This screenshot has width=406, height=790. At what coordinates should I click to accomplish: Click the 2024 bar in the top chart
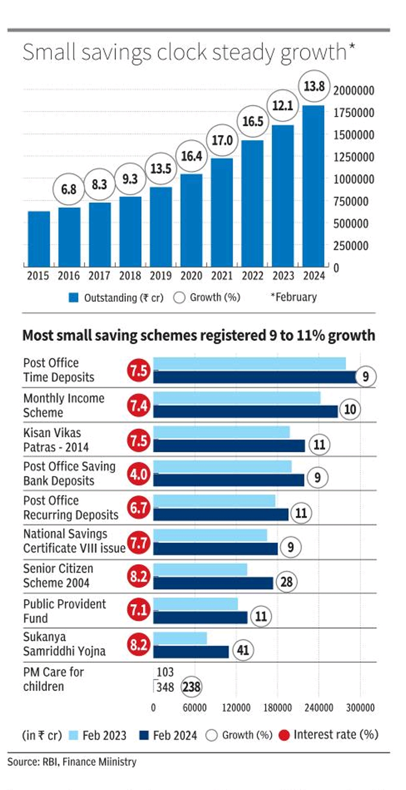click(313, 186)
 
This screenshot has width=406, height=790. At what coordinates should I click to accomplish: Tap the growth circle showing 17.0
click(222, 140)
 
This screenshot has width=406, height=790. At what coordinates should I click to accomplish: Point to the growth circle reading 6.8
click(69, 189)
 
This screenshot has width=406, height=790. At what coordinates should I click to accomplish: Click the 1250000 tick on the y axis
click(354, 157)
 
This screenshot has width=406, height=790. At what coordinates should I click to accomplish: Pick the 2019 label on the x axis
click(160, 276)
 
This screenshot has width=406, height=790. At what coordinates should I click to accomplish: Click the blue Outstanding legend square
click(74, 298)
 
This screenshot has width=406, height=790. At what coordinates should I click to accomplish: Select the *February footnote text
click(293, 297)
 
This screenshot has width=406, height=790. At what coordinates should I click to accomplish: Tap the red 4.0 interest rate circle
click(139, 474)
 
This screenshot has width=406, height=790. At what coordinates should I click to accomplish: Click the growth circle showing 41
click(243, 650)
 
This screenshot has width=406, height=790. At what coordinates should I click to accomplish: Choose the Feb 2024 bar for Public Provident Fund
click(200, 617)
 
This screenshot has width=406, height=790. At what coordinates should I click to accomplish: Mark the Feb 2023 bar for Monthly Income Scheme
click(237, 398)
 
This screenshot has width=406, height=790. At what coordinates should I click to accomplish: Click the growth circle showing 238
click(191, 687)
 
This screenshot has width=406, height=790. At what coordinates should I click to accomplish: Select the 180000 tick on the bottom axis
click(277, 708)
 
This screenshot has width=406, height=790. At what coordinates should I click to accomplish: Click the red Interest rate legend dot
click(284, 735)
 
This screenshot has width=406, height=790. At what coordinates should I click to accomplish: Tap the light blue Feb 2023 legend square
click(74, 736)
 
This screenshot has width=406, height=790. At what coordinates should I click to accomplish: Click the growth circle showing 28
click(286, 582)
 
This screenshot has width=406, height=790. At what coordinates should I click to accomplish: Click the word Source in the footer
click(22, 762)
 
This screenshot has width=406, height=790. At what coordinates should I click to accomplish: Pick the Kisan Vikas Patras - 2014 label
click(56, 440)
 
